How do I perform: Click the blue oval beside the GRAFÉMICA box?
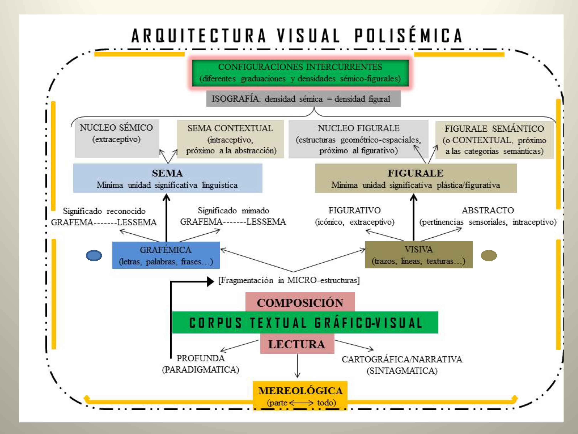[x=94, y=256]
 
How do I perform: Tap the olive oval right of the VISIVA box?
[x=489, y=256]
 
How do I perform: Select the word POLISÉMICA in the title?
[x=408, y=35]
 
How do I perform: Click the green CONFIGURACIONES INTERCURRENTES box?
[x=300, y=73]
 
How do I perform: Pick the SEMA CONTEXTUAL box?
[x=230, y=139]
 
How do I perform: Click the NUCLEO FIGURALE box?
[x=358, y=139]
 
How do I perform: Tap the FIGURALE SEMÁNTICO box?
[x=494, y=140]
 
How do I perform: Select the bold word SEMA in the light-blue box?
[x=167, y=173]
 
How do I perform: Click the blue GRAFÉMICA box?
[x=166, y=255]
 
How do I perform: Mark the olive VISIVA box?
[x=419, y=255]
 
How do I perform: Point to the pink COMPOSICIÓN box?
[x=300, y=302]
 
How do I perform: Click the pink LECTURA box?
[x=297, y=344]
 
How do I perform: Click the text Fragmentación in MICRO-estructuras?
[x=289, y=280]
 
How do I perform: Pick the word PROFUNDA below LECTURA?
[x=200, y=358]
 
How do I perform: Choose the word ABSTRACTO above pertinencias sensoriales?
[x=488, y=210]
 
